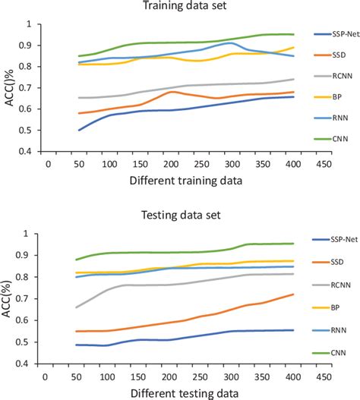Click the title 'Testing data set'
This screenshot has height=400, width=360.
click(x=180, y=216)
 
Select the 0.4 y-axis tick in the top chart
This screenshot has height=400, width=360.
click(x=24, y=152)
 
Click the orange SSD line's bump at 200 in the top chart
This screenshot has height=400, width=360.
click(x=172, y=92)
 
